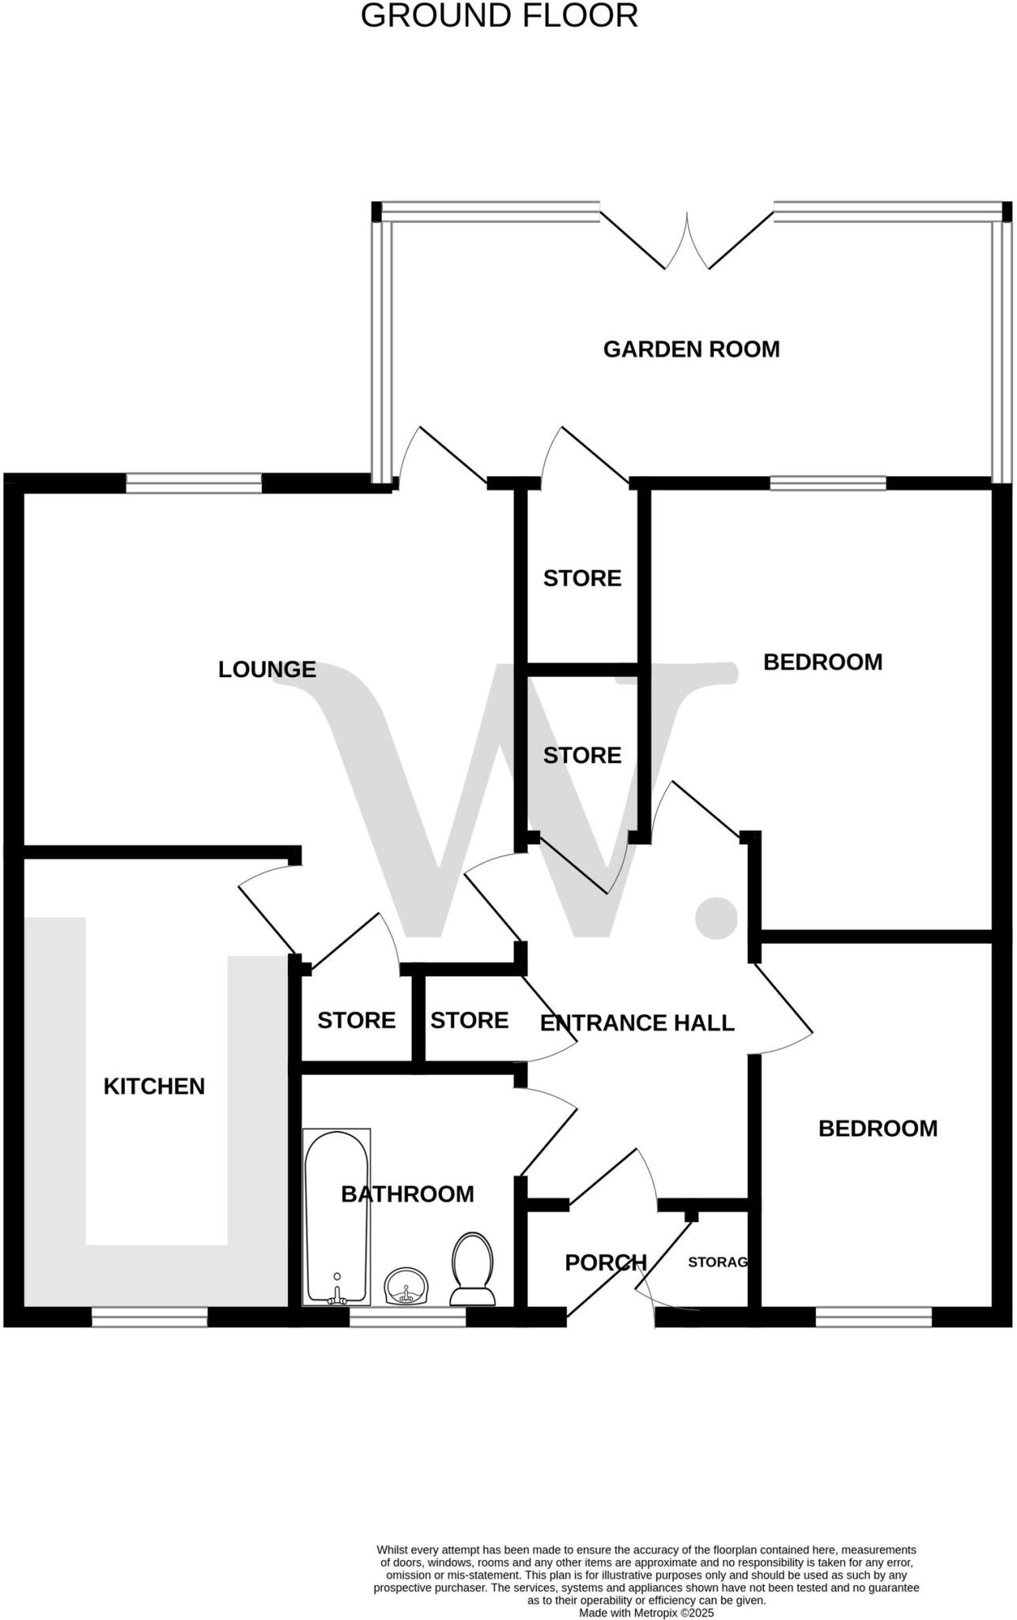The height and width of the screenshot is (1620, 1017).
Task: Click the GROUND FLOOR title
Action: [499, 17]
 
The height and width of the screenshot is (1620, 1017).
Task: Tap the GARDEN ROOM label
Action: [691, 350]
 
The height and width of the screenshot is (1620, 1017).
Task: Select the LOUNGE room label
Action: [267, 670]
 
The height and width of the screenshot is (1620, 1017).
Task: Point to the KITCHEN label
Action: [154, 1087]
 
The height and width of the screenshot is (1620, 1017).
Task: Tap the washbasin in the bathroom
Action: [406, 1286]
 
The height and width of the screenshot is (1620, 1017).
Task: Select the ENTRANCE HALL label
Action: [637, 1024]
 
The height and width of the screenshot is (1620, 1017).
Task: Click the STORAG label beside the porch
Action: [717, 1262]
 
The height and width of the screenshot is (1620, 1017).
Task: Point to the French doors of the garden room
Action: [686, 241]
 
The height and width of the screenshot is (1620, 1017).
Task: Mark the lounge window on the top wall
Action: [194, 483]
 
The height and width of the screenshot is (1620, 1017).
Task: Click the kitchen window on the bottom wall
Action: [149, 1316]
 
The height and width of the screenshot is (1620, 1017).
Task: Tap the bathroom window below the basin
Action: [407, 1316]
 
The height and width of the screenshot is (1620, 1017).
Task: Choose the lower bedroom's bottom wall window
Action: [874, 1316]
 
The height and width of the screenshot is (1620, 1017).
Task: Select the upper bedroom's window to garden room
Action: [828, 483]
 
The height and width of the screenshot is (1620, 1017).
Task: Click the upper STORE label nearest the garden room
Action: [582, 579]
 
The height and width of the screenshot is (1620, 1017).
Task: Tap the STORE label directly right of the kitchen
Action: [356, 1021]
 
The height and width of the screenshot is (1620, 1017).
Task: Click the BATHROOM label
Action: [407, 1194]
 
